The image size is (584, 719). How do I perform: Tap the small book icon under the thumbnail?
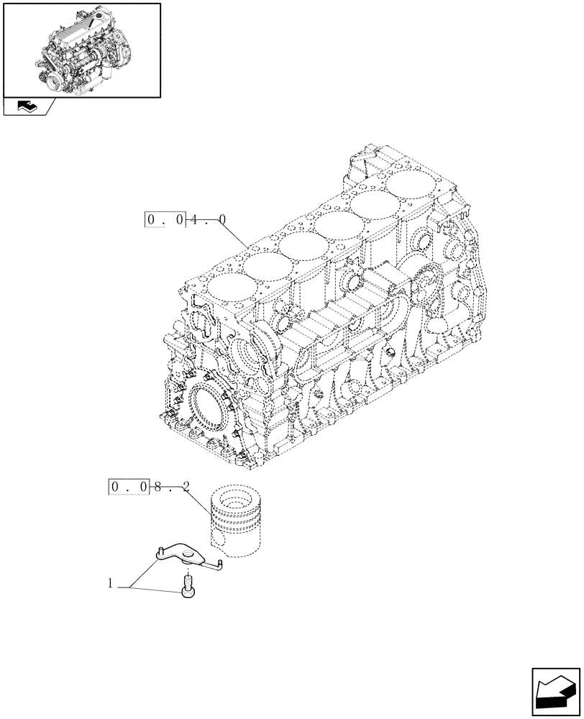coord(27,107)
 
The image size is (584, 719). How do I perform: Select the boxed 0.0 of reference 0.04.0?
coord(165,219)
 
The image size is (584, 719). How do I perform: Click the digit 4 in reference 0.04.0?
coord(195,219)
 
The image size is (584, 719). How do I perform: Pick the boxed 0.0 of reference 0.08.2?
coord(129,487)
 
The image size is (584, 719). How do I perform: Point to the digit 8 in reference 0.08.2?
coord(160,487)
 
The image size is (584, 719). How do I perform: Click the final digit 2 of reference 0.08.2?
coord(186,487)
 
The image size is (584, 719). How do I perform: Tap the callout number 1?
coord(111,585)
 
